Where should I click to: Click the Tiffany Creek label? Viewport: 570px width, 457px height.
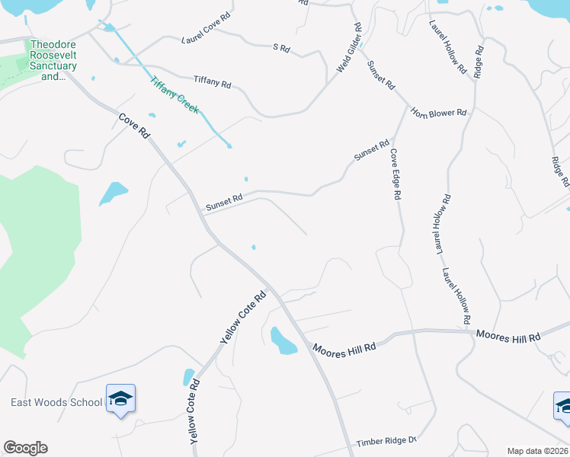[x=175, y=95]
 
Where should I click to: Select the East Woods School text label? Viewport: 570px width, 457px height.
[x=56, y=402]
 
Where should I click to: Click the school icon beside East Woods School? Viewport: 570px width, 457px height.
[x=120, y=398]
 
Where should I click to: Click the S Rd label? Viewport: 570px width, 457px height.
[x=282, y=48]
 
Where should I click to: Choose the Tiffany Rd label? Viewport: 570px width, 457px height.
[x=212, y=81]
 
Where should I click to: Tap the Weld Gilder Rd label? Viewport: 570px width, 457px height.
[x=349, y=48]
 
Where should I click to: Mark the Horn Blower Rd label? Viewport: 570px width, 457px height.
[x=438, y=113]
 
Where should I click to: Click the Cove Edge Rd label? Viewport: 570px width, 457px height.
[x=395, y=174]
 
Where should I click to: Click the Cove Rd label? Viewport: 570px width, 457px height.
[x=134, y=126]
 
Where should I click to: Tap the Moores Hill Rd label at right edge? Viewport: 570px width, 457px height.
[x=508, y=335]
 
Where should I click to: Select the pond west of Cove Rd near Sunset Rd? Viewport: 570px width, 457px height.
[x=113, y=193]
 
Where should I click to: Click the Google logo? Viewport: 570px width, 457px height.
[x=25, y=448]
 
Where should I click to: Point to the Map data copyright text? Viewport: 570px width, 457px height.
[x=537, y=451]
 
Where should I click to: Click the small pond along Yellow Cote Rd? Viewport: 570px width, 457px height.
[x=188, y=376]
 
